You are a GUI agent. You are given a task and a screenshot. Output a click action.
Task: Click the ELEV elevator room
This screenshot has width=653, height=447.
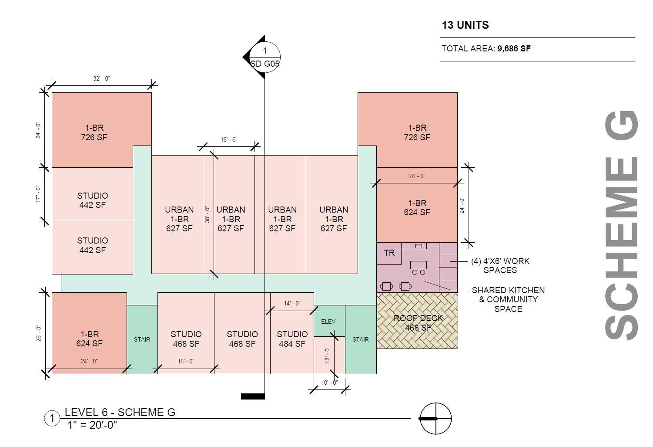[328, 322]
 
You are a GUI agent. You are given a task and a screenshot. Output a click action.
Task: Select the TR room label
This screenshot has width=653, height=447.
[389, 253]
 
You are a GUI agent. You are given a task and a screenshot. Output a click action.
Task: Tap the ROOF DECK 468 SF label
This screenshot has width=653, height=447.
[418, 323]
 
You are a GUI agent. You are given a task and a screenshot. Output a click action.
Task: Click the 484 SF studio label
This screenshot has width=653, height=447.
[292, 339]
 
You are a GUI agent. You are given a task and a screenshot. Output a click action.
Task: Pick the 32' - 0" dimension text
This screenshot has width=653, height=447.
[101, 78]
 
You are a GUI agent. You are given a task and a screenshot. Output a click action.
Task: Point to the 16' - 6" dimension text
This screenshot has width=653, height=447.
[229, 139]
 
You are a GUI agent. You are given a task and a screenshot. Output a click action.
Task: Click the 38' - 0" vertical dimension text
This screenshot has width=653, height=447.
[208, 214]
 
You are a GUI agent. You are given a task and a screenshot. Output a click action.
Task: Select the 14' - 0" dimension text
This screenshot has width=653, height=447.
[292, 303]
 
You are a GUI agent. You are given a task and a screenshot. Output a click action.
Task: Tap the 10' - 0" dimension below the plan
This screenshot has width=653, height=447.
[329, 383]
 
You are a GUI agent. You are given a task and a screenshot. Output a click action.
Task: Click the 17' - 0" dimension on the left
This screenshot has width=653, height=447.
[38, 194]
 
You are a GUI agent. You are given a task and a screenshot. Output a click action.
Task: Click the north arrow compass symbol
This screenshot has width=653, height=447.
[435, 419]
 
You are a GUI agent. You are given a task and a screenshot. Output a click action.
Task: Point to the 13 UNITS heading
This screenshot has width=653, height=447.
[465, 25]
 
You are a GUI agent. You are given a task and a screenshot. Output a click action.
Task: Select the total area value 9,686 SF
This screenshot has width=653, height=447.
[514, 48]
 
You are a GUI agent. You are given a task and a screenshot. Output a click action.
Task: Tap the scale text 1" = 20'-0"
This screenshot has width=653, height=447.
[92, 425]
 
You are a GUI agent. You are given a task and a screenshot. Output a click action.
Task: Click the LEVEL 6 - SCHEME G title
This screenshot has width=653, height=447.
[120, 412]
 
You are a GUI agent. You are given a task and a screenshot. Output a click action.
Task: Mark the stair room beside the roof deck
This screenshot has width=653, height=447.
[360, 339]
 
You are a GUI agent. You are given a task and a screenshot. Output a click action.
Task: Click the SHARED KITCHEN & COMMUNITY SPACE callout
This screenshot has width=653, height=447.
[508, 299]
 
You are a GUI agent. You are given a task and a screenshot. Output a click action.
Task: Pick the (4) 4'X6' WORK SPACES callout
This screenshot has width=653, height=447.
[500, 266]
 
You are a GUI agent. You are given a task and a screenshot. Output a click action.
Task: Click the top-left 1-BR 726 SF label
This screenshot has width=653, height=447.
[94, 132]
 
